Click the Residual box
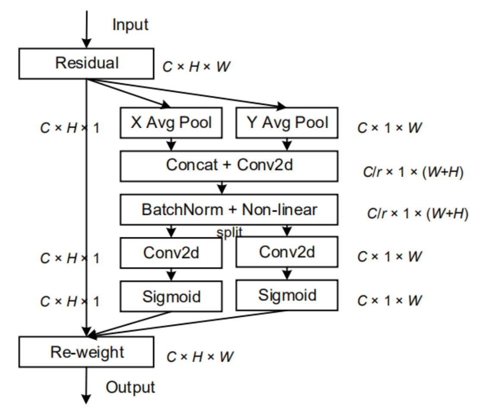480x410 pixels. click(x=87, y=63)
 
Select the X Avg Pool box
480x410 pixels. click(x=172, y=123)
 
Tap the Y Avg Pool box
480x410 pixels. click(x=287, y=123)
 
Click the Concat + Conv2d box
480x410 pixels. click(x=229, y=165)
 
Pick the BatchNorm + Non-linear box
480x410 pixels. click(x=229, y=210)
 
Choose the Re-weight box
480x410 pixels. click(x=87, y=352)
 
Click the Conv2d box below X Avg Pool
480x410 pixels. click(x=172, y=253)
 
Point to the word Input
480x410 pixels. click(x=130, y=25)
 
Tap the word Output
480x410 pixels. click(x=130, y=387)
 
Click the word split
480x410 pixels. click(x=229, y=232)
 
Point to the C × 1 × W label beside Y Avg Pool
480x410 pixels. click(x=389, y=128)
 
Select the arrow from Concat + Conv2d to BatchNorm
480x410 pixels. click(x=222, y=187)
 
